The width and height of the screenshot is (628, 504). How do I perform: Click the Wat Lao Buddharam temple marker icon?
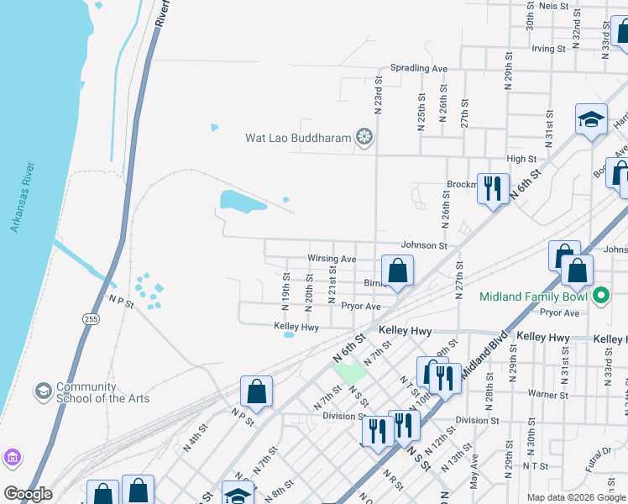coord(364,137)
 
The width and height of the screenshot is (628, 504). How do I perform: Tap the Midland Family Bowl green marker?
coord(601,297)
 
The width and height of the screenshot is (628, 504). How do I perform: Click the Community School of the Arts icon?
coord(43,391)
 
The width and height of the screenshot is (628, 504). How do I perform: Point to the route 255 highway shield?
coord(89,318)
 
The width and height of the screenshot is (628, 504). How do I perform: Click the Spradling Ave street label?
coord(418,68)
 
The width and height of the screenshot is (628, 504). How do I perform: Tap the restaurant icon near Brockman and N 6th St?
coord(493,187)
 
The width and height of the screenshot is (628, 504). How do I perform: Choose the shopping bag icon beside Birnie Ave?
coord(398,270)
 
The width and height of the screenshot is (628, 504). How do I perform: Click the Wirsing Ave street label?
coord(332,260)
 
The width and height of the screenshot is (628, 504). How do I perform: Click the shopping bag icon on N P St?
coord(256,391)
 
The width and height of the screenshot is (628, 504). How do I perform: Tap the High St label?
coord(521,159)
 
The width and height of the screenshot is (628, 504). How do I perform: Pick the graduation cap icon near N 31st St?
coord(591,120)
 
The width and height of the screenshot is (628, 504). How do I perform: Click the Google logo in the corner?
coord(28,494)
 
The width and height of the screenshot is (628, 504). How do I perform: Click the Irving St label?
coord(548,49)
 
